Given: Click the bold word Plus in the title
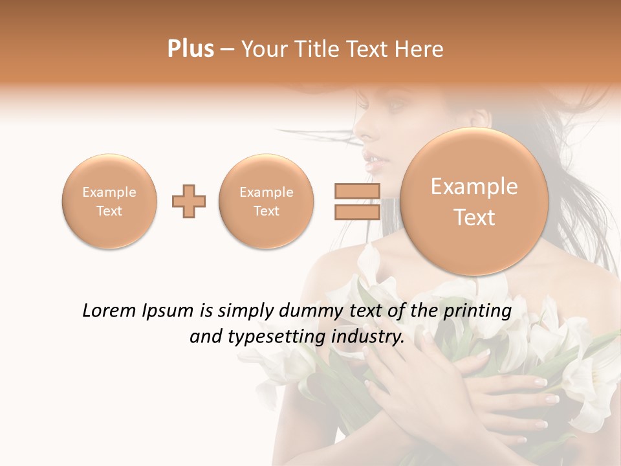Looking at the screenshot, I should pyautogui.click(x=190, y=49).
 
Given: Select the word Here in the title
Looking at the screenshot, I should pyautogui.click(x=420, y=49).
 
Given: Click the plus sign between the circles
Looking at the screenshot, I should pyautogui.click(x=189, y=202).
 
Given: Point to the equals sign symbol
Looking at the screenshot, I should pyautogui.click(x=357, y=202).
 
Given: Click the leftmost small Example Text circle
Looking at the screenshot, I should pyautogui.click(x=109, y=201).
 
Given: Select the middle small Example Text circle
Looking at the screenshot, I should pyautogui.click(x=266, y=201).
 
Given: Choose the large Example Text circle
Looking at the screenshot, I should pyautogui.click(x=474, y=202).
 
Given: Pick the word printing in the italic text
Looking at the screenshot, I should pyautogui.click(x=479, y=311).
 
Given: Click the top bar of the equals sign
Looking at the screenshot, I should pyautogui.click(x=357, y=191).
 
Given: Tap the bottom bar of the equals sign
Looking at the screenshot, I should pyautogui.click(x=357, y=213).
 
